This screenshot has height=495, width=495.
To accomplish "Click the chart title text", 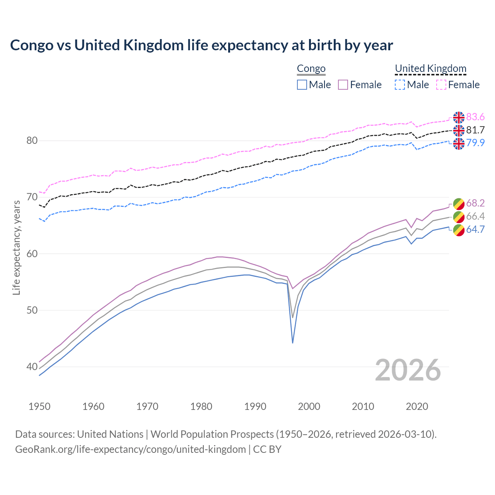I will coord(201,45).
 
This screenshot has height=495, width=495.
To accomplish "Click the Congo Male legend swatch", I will coord(302,85).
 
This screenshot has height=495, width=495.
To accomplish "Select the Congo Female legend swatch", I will coord(343,85).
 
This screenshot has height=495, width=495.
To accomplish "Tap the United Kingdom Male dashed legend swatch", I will coord(400,85).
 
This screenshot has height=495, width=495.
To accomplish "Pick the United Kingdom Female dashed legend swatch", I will coord(441,85).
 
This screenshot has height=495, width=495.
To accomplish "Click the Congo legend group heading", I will coord(311,69).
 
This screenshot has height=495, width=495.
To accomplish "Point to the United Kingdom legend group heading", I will coord(430,69).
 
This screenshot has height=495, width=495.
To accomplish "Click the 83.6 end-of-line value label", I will coord(475,117).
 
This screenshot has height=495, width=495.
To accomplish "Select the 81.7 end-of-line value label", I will coord(475,130).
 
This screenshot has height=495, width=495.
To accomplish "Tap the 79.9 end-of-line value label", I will coord(475,143).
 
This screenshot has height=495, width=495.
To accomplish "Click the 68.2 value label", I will coord(475,203).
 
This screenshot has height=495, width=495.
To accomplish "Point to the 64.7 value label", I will coord(475,229).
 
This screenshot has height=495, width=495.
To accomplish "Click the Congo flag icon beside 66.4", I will coord(459,217).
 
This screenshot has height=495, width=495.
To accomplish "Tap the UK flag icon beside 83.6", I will coord(459,117).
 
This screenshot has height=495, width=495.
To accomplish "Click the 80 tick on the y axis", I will coord(32,140).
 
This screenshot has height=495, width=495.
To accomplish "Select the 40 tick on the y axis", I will coord(32,367).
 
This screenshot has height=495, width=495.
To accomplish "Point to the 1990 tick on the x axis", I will coord(255,406).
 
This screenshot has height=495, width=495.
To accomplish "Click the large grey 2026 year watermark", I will coord(408,370).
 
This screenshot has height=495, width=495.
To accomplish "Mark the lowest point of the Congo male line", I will coord(293,343).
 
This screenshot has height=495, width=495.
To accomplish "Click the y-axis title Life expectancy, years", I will coord(17,247).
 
